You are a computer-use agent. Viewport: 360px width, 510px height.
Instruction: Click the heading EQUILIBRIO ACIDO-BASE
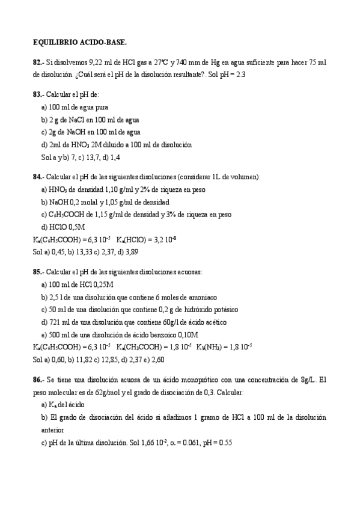[80, 43]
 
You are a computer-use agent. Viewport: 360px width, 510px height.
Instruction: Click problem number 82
[37, 62]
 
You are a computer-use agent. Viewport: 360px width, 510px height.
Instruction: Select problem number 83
[37, 94]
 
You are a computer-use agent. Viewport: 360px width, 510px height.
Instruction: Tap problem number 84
[37, 177]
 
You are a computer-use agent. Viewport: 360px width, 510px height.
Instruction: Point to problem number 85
[37, 271]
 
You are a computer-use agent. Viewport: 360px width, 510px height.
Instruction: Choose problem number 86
[37, 380]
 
